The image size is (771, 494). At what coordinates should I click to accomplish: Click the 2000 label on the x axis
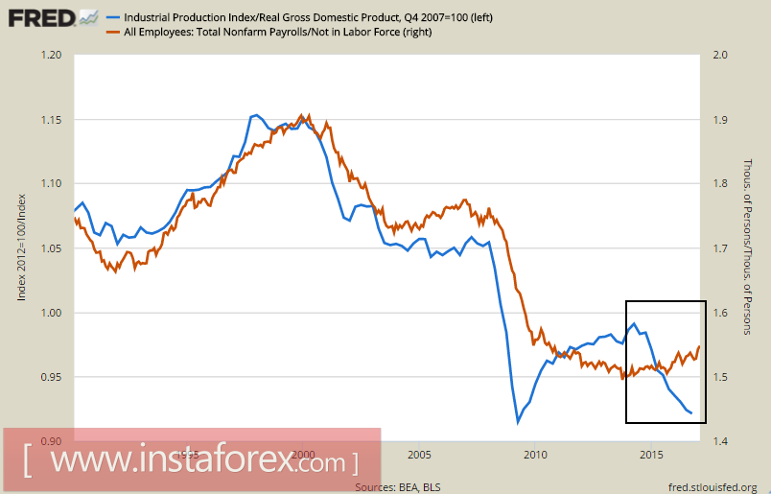click(304, 454)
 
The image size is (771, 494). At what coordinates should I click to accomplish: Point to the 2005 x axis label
click(419, 454)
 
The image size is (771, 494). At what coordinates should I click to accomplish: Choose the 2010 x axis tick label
click(535, 454)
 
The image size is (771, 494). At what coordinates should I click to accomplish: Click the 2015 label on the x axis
click(651, 454)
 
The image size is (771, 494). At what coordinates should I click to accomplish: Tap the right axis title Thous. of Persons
click(749, 247)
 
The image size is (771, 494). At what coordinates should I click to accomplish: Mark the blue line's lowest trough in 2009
click(519, 420)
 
